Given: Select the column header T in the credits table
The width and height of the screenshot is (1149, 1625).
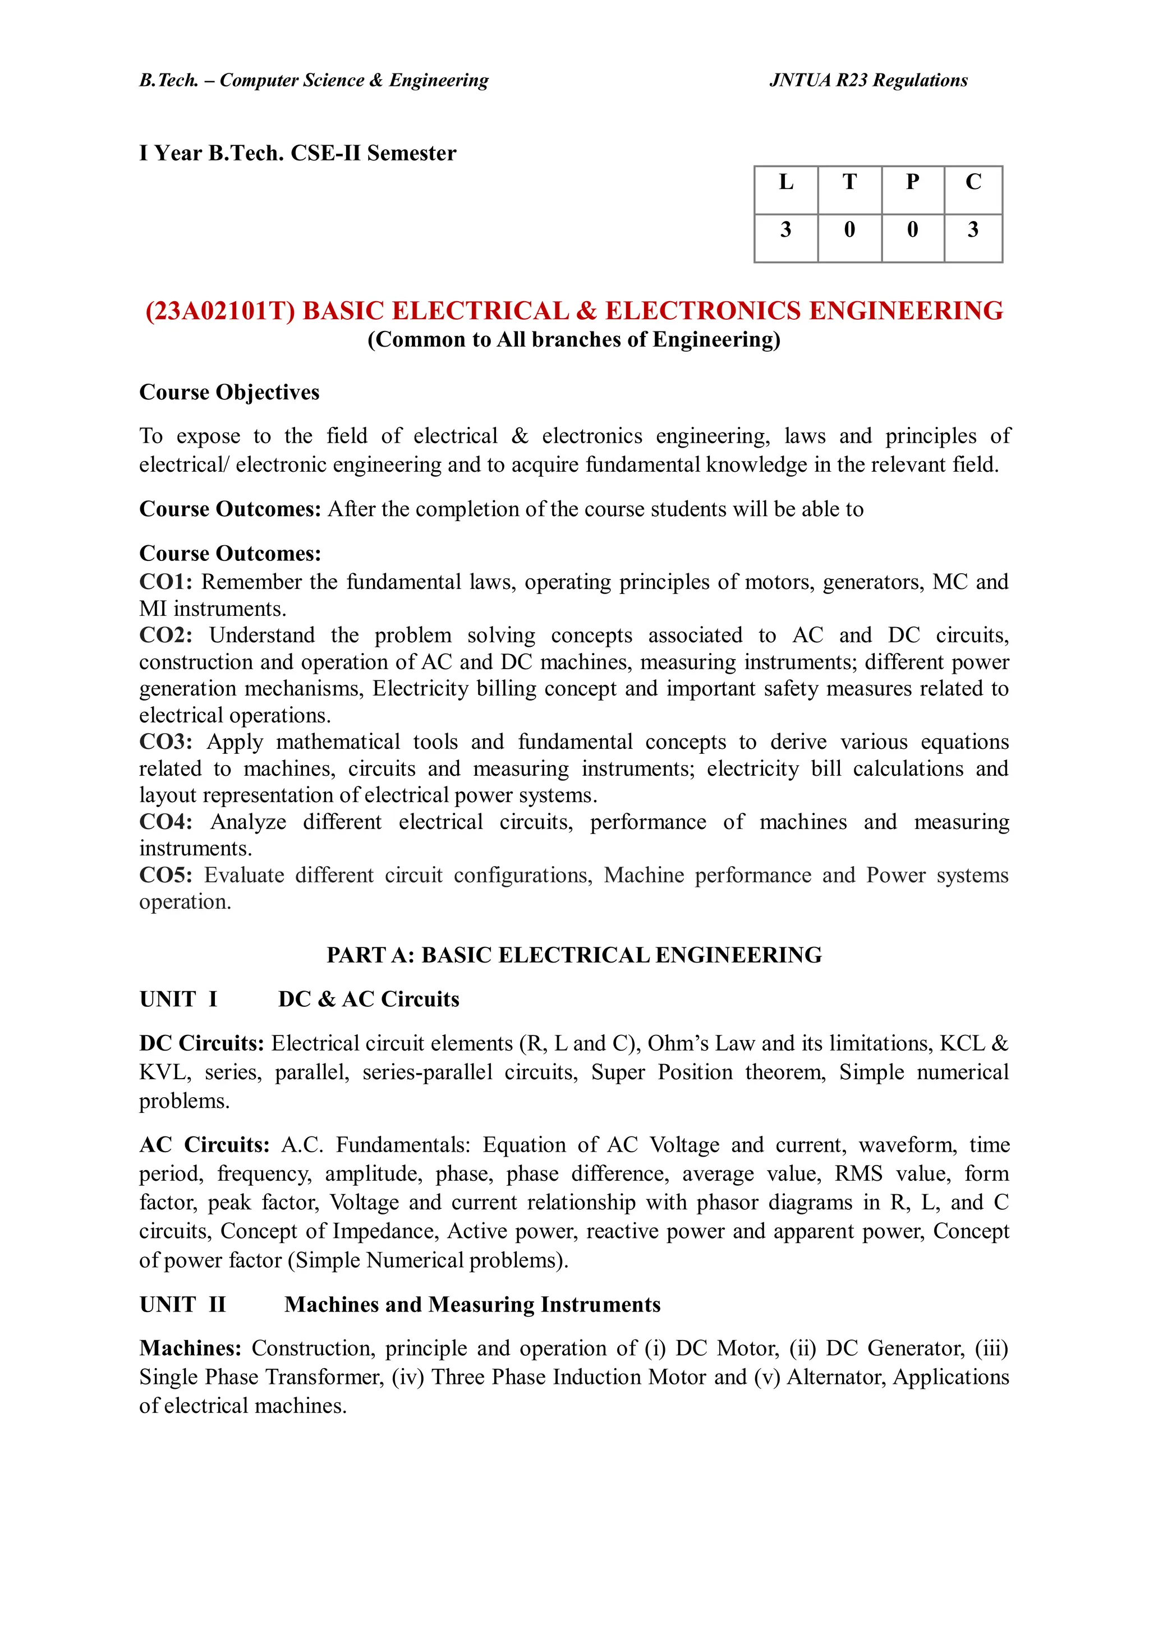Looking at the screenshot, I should pyautogui.click(x=849, y=183).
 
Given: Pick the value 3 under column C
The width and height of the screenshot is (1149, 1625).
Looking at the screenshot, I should pyautogui.click(x=973, y=229).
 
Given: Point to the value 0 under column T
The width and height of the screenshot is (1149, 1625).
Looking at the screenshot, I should pyautogui.click(x=849, y=229).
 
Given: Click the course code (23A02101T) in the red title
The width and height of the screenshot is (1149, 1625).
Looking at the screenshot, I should pyautogui.click(x=219, y=311).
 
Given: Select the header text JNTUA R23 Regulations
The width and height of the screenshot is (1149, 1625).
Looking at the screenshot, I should pyautogui.click(x=868, y=80).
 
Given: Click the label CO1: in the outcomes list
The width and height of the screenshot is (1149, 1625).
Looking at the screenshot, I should pyautogui.click(x=166, y=582).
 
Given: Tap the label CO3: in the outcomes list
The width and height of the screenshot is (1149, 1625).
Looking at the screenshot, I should pyautogui.click(x=166, y=742).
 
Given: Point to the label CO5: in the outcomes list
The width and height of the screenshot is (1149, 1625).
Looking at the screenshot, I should pyautogui.click(x=166, y=875).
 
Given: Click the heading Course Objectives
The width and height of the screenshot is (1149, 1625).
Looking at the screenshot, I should pyautogui.click(x=229, y=392).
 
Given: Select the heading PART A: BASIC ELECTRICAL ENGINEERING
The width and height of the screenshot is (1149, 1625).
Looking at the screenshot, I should pyautogui.click(x=573, y=955).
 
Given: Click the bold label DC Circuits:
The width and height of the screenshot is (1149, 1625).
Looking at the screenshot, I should pyautogui.click(x=201, y=1043).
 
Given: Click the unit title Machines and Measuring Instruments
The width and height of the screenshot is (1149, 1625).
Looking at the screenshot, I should pyautogui.click(x=472, y=1304).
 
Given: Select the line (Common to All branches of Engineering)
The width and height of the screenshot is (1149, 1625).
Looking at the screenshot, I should pyautogui.click(x=573, y=340).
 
